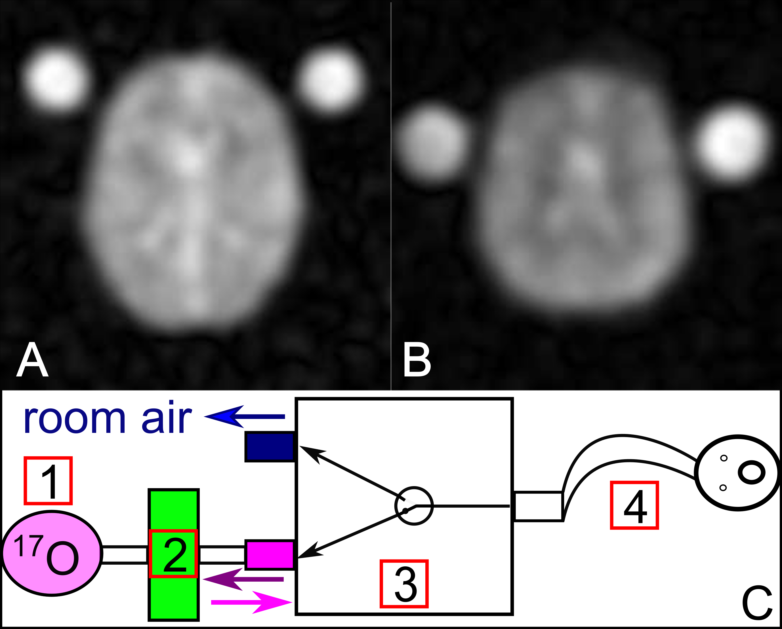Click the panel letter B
417,361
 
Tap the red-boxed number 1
48,480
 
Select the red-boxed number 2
173,554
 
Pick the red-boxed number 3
404,584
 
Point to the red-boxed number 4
634,505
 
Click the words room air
107,419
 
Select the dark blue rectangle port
270,446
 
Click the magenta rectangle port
270,554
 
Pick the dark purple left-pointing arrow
243,579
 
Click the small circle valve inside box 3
414,505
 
